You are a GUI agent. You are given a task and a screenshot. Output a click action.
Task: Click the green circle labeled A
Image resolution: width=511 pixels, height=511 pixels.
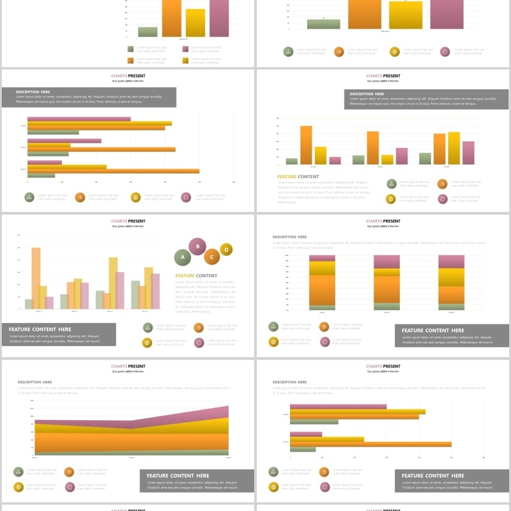(183, 257)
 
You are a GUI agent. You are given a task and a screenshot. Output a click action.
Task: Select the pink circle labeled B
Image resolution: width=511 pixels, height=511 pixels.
(197, 245)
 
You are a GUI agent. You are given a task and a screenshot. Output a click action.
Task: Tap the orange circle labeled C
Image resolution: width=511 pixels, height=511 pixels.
(211, 257)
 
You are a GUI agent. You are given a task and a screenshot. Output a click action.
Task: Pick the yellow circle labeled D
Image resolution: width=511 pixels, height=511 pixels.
(226, 249)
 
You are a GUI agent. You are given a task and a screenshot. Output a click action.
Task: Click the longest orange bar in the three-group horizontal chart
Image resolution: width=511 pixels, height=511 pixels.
(113, 171)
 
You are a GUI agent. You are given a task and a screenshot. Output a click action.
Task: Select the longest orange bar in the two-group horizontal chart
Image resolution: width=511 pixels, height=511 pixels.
(370, 444)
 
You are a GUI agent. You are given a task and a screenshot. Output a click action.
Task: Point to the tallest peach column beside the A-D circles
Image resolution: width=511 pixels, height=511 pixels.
(36, 278)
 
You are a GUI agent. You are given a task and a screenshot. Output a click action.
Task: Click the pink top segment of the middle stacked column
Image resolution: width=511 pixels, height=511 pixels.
(386, 262)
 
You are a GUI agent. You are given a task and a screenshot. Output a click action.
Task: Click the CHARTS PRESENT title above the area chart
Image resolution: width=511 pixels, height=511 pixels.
(128, 367)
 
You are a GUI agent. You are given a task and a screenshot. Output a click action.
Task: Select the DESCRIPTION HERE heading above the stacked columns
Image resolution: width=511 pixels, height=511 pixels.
(289, 237)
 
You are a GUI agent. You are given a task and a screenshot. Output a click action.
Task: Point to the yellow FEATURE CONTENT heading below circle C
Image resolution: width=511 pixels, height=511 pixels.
(196, 276)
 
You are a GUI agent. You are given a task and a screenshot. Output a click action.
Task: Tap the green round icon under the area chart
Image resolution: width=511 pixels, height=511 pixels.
(19, 472)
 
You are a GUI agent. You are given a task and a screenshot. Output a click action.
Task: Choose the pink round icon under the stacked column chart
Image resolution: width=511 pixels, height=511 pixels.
(325, 342)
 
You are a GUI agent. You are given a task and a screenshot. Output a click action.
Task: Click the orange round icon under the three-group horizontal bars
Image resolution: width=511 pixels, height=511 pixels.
(80, 197)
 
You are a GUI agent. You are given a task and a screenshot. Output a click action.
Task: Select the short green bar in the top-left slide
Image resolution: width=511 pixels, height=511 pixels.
(148, 32)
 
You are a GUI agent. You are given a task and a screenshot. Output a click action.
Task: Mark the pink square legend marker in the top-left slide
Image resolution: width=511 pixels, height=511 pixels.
(185, 49)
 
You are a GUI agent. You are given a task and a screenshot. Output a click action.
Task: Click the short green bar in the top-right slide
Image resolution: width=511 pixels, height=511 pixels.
(323, 24)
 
